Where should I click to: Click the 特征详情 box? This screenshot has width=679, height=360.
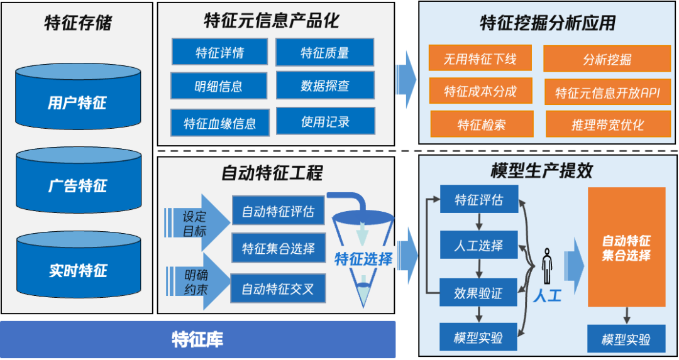(x=219, y=52)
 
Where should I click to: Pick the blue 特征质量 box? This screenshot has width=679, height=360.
(x=324, y=52)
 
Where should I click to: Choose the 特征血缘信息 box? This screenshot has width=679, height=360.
(x=219, y=122)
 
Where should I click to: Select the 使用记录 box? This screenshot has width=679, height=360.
(x=325, y=121)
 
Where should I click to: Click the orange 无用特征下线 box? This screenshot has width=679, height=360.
(x=480, y=59)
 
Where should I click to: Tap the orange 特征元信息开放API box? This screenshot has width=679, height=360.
(x=607, y=92)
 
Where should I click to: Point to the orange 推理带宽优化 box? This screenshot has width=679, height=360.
(x=607, y=124)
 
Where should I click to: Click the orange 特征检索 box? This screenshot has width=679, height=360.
(x=481, y=124)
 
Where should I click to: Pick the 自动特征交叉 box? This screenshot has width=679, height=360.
(x=278, y=288)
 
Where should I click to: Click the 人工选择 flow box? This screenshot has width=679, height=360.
(x=478, y=246)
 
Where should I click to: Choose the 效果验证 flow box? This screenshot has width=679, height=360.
(x=478, y=293)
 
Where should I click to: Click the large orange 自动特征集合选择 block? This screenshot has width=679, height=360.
(x=626, y=247)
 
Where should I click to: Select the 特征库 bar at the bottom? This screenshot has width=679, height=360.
(x=197, y=340)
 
